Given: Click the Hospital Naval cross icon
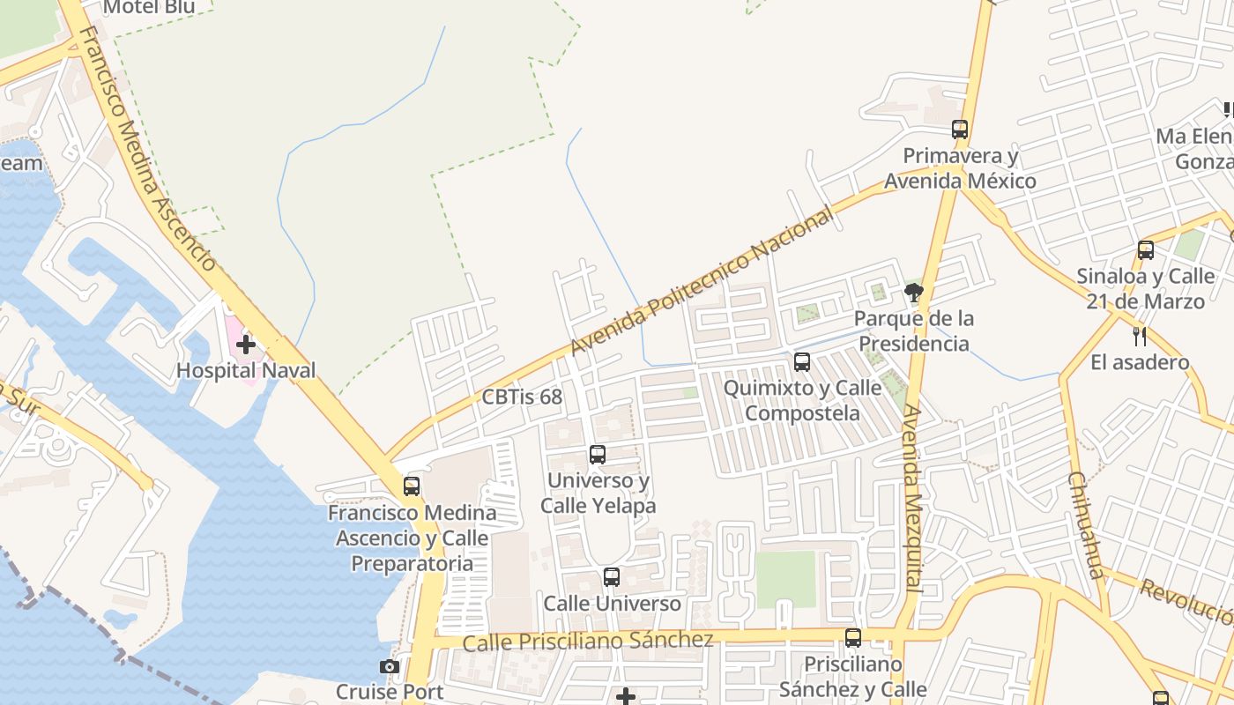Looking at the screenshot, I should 246,345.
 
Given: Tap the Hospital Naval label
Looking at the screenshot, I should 246,370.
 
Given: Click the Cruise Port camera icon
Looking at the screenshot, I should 389,666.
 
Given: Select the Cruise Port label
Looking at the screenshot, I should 390,691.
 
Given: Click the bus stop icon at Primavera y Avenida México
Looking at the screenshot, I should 960,130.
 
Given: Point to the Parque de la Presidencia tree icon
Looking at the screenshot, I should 914,292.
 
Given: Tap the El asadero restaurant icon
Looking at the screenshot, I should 1140,336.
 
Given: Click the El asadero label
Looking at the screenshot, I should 1140,362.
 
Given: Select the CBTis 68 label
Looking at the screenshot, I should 522,397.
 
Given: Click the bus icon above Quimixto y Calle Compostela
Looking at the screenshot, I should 802,361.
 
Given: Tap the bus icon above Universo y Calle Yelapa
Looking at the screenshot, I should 598,455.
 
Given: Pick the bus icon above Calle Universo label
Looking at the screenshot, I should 612,577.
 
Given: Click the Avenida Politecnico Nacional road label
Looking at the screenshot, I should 702,281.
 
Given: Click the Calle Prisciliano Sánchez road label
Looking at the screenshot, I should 587,641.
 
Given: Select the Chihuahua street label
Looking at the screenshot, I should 1086,524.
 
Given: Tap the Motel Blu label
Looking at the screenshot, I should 148,8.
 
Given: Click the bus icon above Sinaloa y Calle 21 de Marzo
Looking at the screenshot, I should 1146,250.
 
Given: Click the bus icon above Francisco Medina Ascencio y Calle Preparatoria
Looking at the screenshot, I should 412,486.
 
